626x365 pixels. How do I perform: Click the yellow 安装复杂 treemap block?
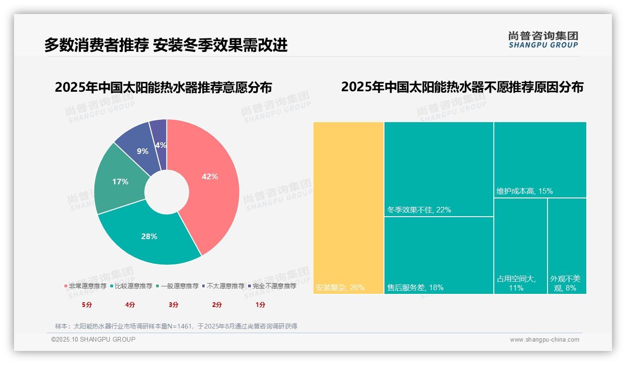pyautogui.click(x=349, y=208)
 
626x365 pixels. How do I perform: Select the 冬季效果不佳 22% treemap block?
pyautogui.click(x=439, y=169)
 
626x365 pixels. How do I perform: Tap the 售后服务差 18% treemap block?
pyautogui.click(x=439, y=255)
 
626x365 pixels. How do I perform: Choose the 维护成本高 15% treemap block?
pyautogui.click(x=540, y=160)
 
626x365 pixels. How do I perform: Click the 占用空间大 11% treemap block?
pyautogui.click(x=520, y=246)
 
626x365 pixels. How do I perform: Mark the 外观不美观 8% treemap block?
pyautogui.click(x=567, y=246)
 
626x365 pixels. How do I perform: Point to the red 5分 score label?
pyautogui.click(x=87, y=305)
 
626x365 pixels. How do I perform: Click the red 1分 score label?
pyautogui.click(x=260, y=305)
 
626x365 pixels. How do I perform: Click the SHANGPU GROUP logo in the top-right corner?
pyautogui.click(x=543, y=40)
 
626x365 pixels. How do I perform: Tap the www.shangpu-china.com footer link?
pyautogui.click(x=544, y=340)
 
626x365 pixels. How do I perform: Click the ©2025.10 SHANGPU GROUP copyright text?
pyautogui.click(x=93, y=340)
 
